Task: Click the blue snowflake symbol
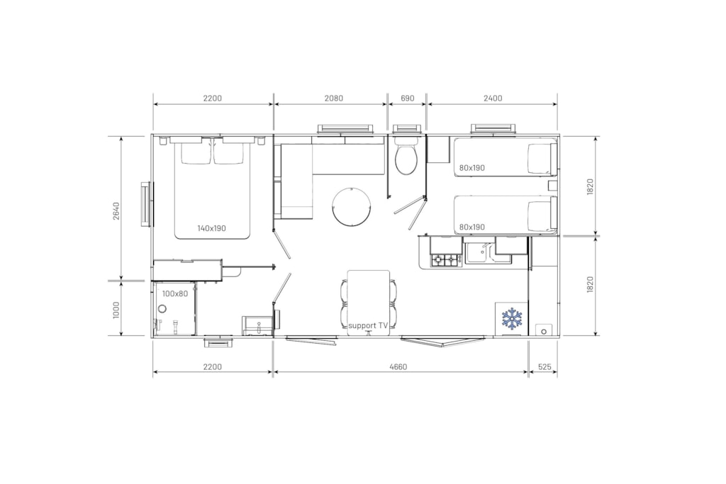pos(512,318)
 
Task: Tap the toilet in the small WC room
pos(406,157)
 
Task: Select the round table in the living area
pos(352,207)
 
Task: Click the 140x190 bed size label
pos(211,228)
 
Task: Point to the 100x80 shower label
pos(175,293)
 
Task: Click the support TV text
pos(368,326)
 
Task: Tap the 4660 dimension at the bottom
pos(398,367)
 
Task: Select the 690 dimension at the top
pos(408,98)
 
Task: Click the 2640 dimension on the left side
pos(116,211)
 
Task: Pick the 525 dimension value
pos(544,367)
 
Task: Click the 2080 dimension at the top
pos(334,98)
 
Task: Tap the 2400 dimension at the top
pos(493,98)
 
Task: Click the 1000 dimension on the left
pos(116,310)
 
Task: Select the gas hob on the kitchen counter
pos(445,260)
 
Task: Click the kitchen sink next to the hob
pos(478,252)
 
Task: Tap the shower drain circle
pos(162,309)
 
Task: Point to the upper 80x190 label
pos(471,168)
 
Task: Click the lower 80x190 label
pos(471,227)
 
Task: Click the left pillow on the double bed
pos(196,153)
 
